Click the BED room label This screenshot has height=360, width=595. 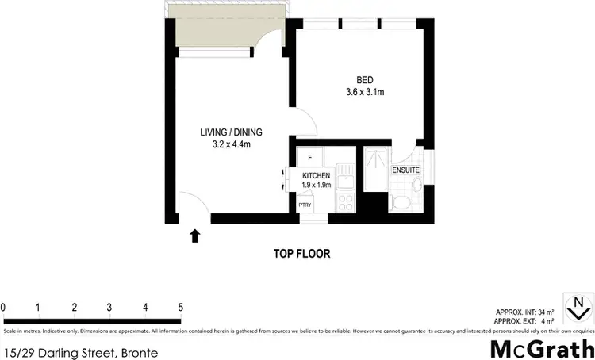click(365, 79)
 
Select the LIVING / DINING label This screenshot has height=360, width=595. click(231, 132)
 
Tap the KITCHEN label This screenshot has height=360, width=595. click(315, 175)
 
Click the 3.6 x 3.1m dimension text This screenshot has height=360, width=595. click(365, 92)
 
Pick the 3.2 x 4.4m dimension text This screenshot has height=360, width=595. click(231, 144)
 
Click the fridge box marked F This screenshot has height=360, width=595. click(310, 157)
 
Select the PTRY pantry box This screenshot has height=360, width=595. click(305, 205)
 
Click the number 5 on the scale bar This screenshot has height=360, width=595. click(181, 308)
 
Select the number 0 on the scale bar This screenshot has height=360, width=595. click(4, 308)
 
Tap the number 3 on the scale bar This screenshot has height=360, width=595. click(109, 308)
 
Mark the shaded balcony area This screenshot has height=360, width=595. click(222, 33)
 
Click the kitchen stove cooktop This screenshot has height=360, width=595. click(346, 199)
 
